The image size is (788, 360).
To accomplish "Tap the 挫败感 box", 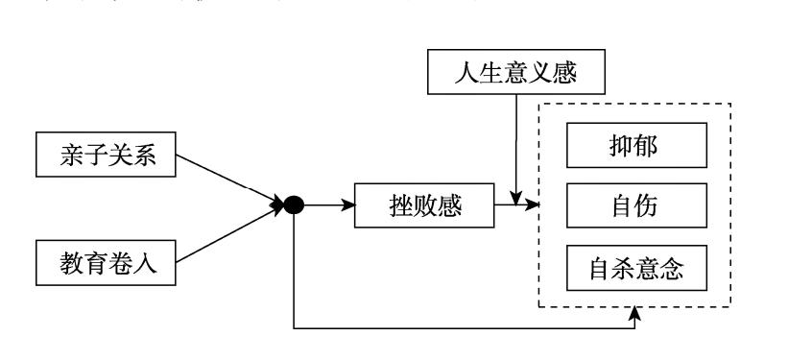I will pos(422,206).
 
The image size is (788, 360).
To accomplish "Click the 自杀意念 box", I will pos(635,269).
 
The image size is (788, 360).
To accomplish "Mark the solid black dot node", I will pos(294,205).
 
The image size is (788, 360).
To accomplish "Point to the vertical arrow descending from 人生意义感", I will pos(515,144).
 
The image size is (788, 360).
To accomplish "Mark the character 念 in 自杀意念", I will pos(673,269).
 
